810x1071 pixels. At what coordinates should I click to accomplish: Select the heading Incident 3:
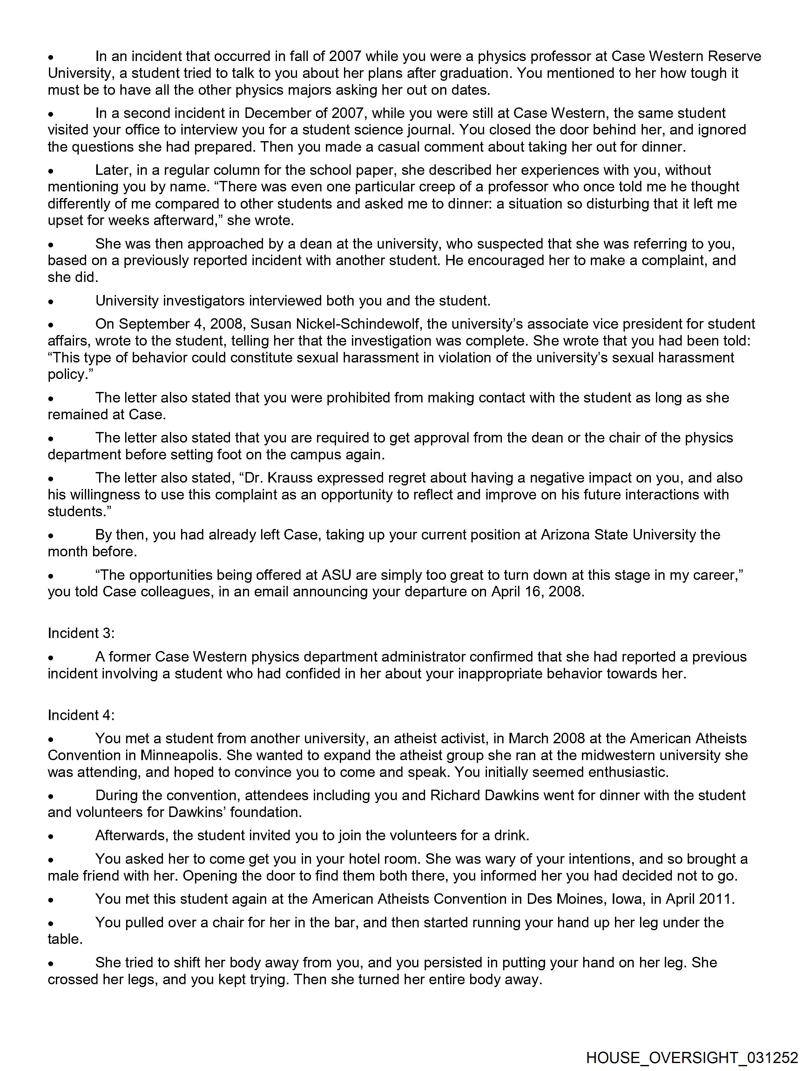81,633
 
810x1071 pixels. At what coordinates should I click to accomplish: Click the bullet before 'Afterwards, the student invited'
50,836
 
